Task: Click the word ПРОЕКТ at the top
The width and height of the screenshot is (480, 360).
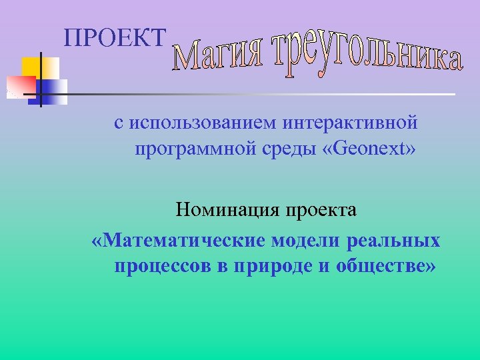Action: (114, 39)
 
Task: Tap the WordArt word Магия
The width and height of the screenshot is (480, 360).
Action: (220, 56)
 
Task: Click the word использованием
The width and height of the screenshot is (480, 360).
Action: (203, 123)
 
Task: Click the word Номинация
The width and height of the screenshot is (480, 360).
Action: (227, 211)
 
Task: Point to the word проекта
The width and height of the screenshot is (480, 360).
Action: (321, 211)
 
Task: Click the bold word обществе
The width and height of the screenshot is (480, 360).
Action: (383, 266)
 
